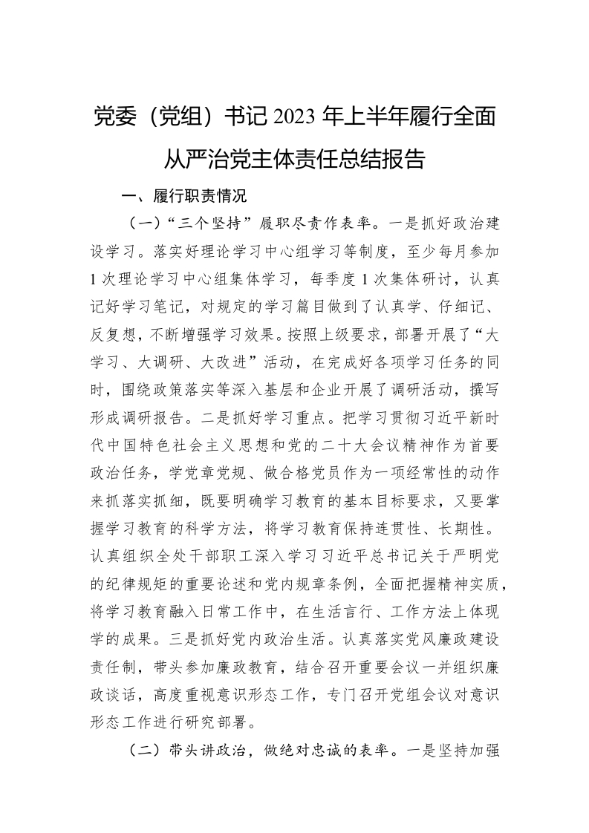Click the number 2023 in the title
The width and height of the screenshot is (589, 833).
click(296, 117)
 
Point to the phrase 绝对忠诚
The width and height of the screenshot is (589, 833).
click(326, 751)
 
